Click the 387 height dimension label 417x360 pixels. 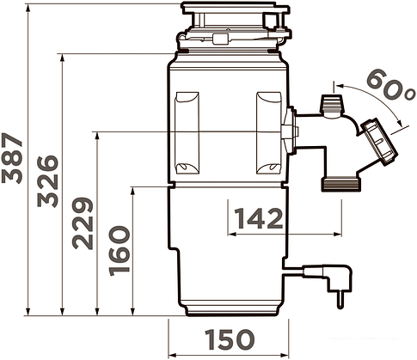click(12, 158)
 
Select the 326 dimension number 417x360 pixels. click(48, 181)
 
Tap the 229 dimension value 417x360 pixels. click(83, 223)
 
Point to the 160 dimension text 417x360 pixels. click(120, 251)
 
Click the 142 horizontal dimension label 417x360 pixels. click(259, 218)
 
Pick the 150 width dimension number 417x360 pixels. click(230, 339)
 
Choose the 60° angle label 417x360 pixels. click(392, 85)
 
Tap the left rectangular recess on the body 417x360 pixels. click(187, 133)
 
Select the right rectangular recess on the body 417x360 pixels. click(268, 133)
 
